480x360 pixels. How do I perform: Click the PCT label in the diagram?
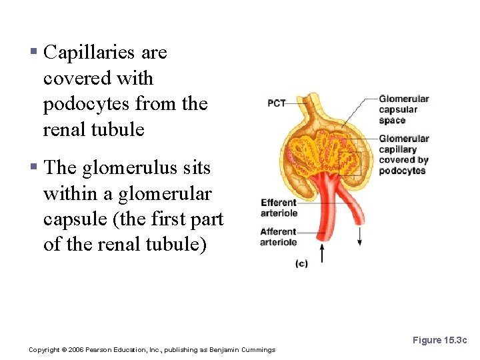coord(277,103)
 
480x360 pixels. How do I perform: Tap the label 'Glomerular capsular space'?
coord(403,110)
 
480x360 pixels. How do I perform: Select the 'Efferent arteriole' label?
coord(279,208)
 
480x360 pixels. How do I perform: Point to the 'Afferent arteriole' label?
coord(279,237)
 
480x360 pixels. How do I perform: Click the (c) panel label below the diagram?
coord(301,264)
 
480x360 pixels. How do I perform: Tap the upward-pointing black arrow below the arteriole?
coord(323,253)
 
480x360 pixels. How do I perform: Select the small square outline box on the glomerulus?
coord(349,163)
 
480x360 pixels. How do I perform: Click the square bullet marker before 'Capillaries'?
coord(33,52)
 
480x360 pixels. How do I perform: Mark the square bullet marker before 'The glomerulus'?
coord(33,168)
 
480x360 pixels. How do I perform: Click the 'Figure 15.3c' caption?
coord(440,340)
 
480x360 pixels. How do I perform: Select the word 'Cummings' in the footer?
coord(258,350)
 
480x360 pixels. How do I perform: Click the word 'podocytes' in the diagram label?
coord(402,171)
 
